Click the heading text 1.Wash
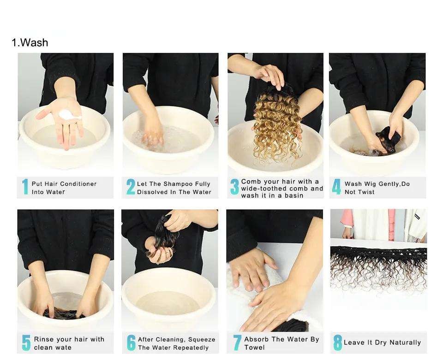click(30, 42)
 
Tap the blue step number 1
click(25, 187)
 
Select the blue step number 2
click(131, 187)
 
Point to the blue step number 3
click(234, 187)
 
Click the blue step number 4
click(336, 187)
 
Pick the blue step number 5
click(26, 342)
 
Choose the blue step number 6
click(131, 342)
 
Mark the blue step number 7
click(237, 342)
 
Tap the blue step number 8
click(338, 342)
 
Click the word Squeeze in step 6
click(202, 340)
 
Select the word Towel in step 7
click(255, 348)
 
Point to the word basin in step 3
click(294, 195)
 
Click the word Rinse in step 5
click(43, 339)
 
